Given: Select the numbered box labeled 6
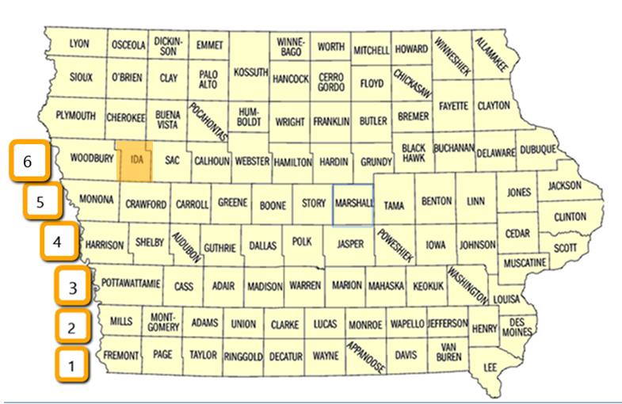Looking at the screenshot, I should pyautogui.click(x=28, y=162).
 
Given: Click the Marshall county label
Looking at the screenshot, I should pyautogui.click(x=353, y=204).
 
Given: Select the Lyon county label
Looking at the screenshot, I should pyautogui.click(x=79, y=44).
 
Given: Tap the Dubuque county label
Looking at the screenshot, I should pyautogui.click(x=537, y=150).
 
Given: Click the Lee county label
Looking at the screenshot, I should pyautogui.click(x=490, y=367).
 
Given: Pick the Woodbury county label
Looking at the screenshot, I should pyautogui.click(x=93, y=158).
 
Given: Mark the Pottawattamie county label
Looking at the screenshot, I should pyautogui.click(x=132, y=283).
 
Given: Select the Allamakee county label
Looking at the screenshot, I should pyautogui.click(x=493, y=55).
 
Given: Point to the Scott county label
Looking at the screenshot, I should pyautogui.click(x=564, y=247).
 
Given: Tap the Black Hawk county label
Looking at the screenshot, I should pyautogui.click(x=414, y=152).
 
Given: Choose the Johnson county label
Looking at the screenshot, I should pyautogui.click(x=477, y=246).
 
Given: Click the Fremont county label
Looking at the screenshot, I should pyautogui.click(x=121, y=355).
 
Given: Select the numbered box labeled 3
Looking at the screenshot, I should pyautogui.click(x=73, y=287).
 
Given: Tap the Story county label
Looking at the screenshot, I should pyautogui.click(x=313, y=204).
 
